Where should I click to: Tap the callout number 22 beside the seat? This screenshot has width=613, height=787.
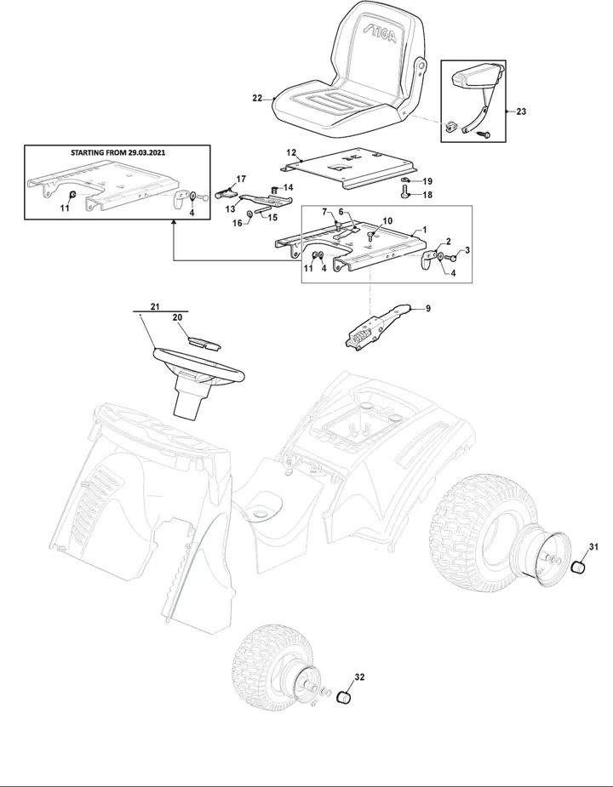[x=257, y=99]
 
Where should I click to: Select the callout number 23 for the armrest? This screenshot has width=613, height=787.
[x=521, y=111]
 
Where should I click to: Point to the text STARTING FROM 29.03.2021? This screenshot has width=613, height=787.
[x=117, y=152]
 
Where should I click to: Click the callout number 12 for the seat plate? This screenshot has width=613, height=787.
[x=291, y=152]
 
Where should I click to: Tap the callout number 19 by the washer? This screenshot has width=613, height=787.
[x=427, y=181]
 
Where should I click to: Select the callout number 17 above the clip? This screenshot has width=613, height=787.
[x=241, y=180]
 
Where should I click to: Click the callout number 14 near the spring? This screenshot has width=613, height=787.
[x=288, y=187]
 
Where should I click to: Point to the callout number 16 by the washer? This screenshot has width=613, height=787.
[x=238, y=223]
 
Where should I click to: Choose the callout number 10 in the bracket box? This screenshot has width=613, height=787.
[x=387, y=221]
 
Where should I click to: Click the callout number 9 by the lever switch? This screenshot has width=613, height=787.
[x=428, y=309]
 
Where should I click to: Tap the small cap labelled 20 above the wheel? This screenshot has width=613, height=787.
[x=204, y=342]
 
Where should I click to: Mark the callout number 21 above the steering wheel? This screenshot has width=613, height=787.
[x=155, y=306]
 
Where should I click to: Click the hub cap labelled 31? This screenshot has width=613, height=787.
[x=581, y=567]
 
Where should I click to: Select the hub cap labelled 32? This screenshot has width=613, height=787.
[x=343, y=697]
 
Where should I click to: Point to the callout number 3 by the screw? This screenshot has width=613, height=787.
[x=467, y=250]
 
